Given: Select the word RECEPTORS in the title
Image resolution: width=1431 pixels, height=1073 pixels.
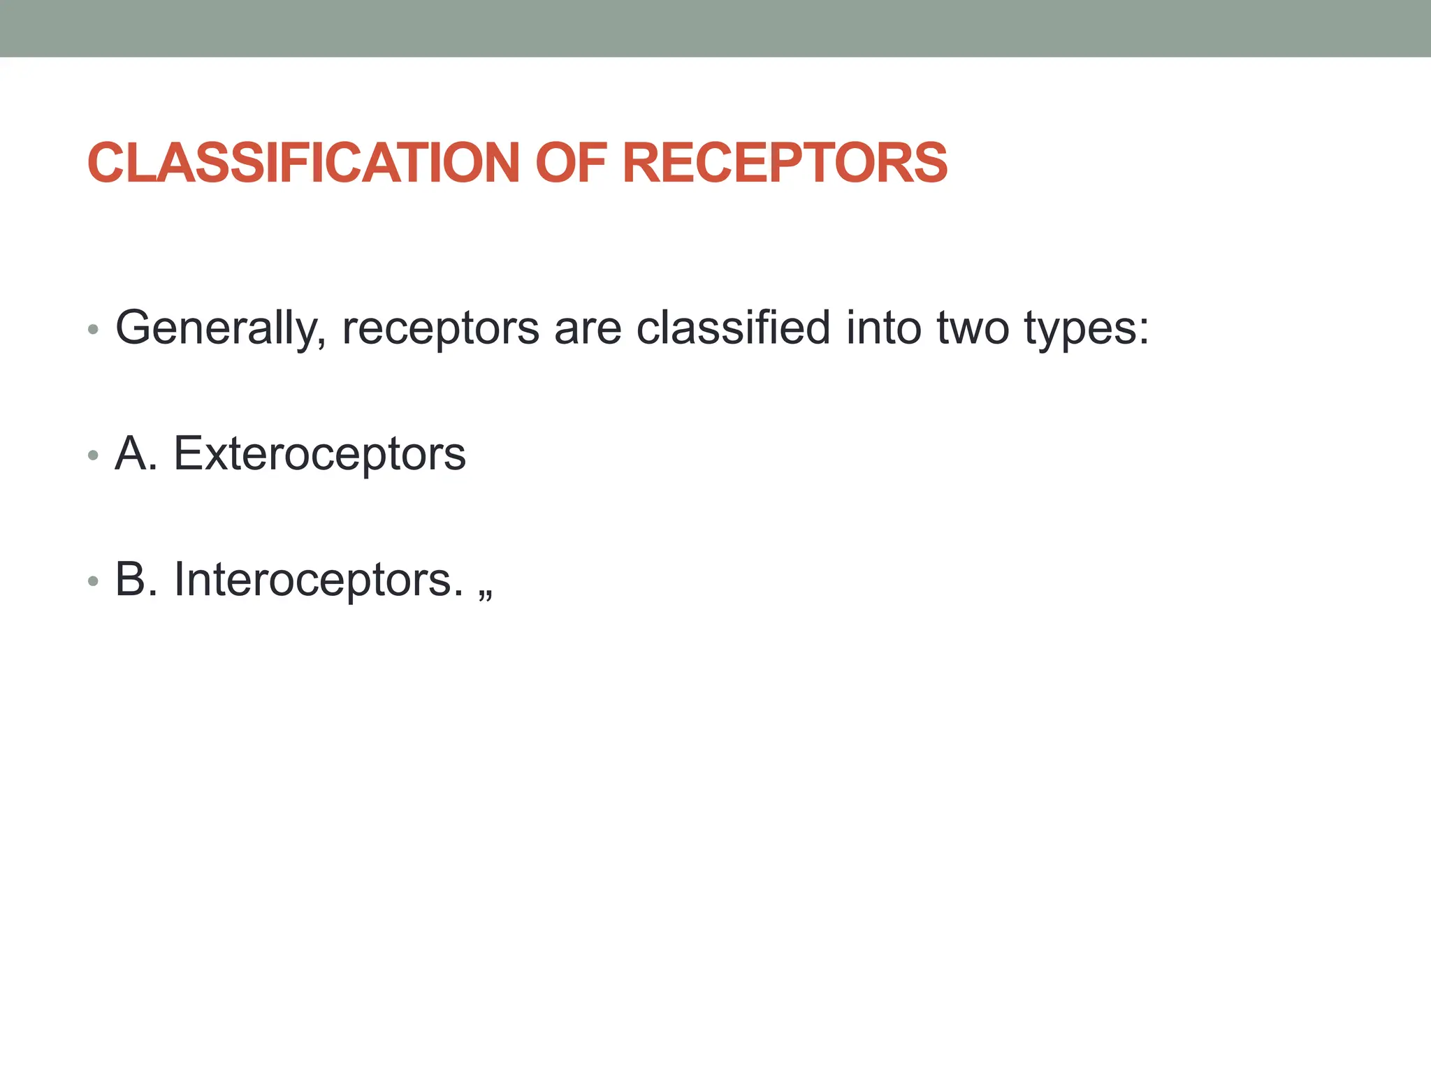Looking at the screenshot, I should click(784, 163).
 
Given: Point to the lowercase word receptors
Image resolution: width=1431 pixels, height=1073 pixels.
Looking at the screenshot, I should click(440, 328).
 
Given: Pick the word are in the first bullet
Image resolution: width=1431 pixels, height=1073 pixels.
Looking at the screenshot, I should click(587, 328).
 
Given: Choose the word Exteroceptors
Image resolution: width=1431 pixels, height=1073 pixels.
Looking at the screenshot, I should click(319, 454).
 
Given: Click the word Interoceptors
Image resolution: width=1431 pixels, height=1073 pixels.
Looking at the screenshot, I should click(319, 580).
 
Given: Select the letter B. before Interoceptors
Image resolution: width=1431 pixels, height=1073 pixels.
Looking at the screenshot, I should click(136, 580).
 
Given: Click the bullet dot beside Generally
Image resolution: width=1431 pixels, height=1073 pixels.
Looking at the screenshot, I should click(94, 329).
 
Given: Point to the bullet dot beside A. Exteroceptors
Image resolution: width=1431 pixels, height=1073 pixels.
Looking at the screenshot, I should click(94, 455).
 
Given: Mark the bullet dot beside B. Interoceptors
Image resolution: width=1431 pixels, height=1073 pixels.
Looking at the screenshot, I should click(94, 581).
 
